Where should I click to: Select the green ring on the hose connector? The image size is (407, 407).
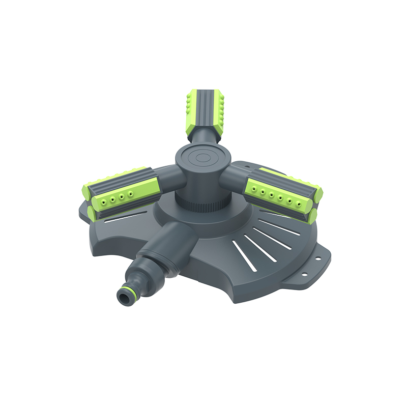(129, 287)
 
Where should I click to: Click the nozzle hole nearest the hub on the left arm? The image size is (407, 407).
(131, 194)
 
